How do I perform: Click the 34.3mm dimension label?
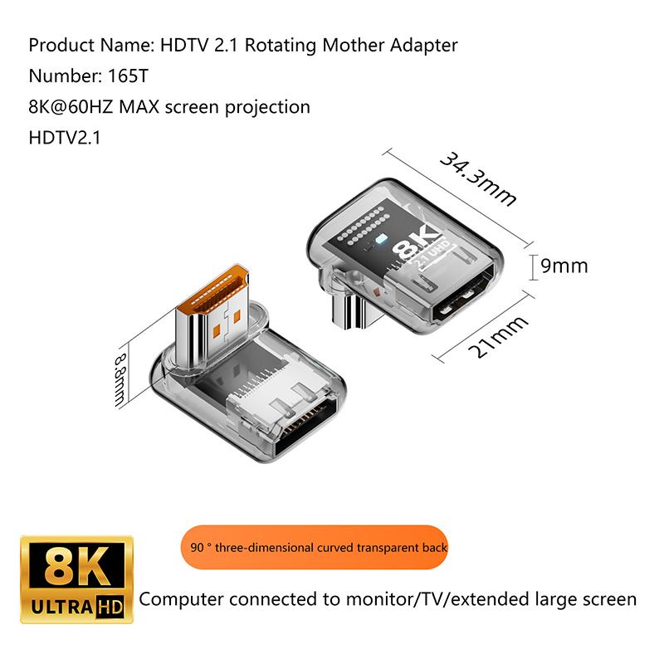tap(479, 178)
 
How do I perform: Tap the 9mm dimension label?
tap(564, 266)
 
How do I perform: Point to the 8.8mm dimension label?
tap(120, 380)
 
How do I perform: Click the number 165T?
tap(129, 76)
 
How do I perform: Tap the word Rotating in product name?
tap(281, 46)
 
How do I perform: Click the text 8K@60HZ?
tap(71, 107)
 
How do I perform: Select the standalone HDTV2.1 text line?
tap(65, 138)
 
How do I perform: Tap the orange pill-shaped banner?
tap(315, 547)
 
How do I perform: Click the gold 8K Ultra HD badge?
tap(76, 579)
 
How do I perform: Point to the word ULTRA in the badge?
tap(62, 608)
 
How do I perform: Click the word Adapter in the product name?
tap(424, 46)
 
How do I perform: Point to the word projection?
tap(267, 108)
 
